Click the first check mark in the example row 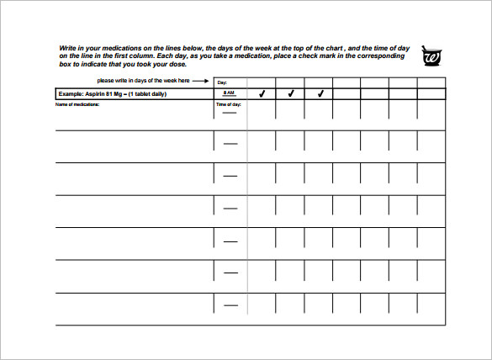point(262,94)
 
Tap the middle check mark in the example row point(290,94)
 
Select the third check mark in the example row point(320,94)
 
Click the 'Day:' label point(222,82)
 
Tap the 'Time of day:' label point(228,104)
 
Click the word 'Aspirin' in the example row point(95,94)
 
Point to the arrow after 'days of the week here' point(201,81)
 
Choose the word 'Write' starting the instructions point(67,48)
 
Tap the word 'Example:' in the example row point(71,94)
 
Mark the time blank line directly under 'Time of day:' point(230,113)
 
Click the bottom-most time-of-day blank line point(230,305)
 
